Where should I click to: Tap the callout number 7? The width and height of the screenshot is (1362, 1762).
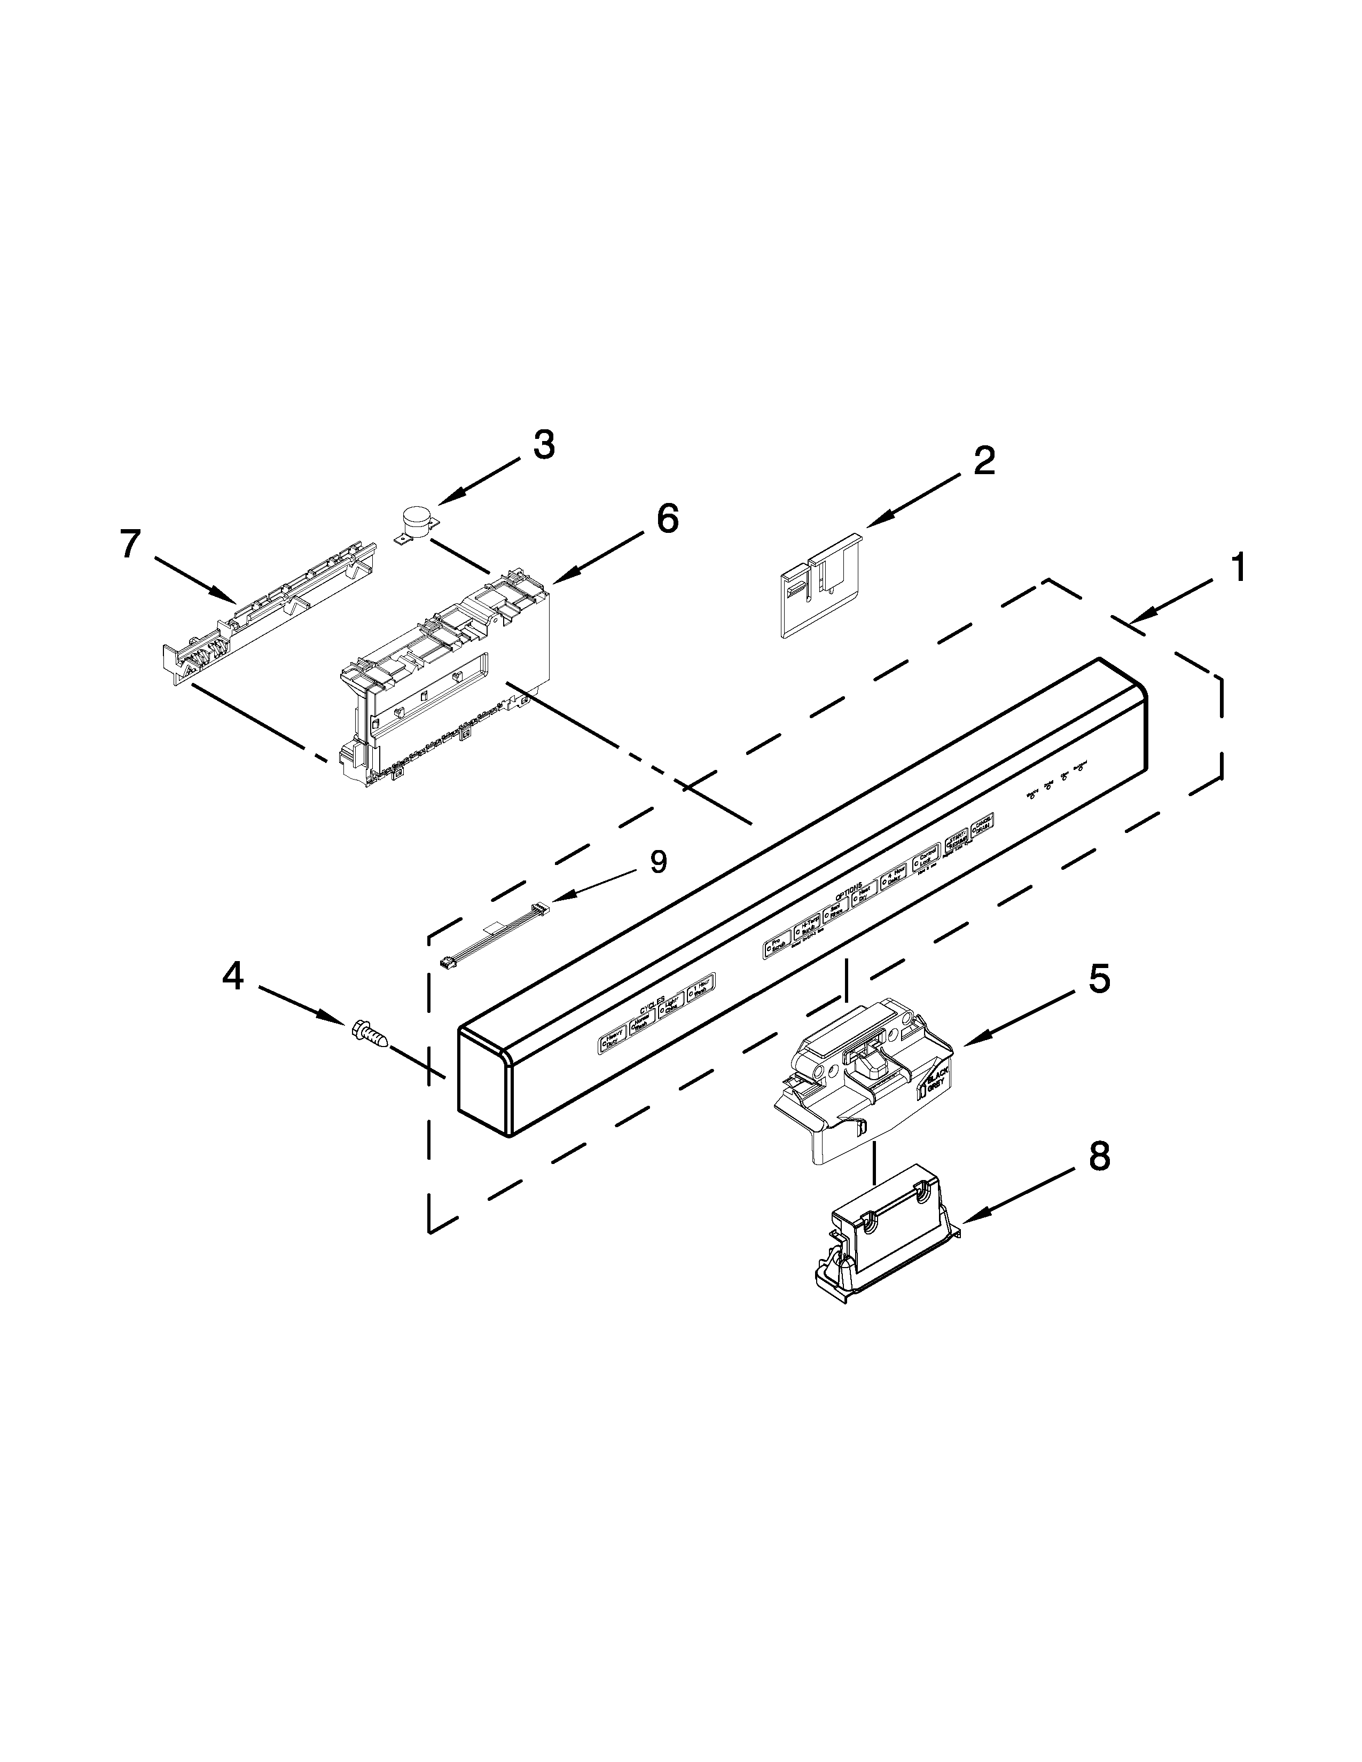(x=131, y=545)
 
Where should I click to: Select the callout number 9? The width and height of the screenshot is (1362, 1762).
(x=659, y=862)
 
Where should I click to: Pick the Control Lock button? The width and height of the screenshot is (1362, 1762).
(x=926, y=862)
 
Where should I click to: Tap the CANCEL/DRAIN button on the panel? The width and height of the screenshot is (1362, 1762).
(x=982, y=825)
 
